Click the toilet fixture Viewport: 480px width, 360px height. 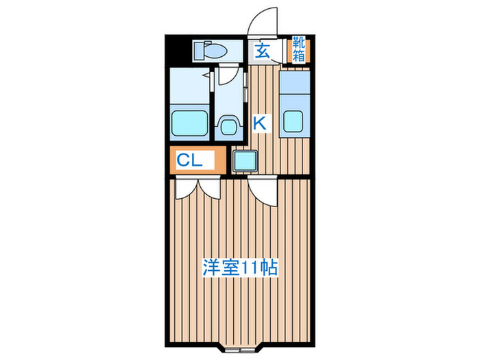point(213,50)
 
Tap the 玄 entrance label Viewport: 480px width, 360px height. point(263,51)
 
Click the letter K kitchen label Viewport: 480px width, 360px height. point(261,123)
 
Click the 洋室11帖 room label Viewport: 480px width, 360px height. point(239,267)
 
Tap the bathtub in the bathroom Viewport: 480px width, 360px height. point(190,123)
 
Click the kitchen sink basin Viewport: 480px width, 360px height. point(293,121)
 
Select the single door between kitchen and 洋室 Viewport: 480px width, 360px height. point(264,191)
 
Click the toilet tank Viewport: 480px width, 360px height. point(200,49)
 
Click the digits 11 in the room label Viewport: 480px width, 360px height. point(249,267)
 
